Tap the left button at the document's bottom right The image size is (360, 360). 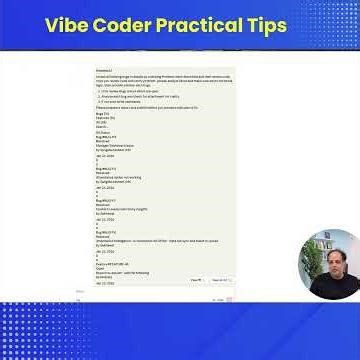pyautogui.click(x=197, y=280)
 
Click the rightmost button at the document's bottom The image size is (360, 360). pyautogui.click(x=220, y=280)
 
